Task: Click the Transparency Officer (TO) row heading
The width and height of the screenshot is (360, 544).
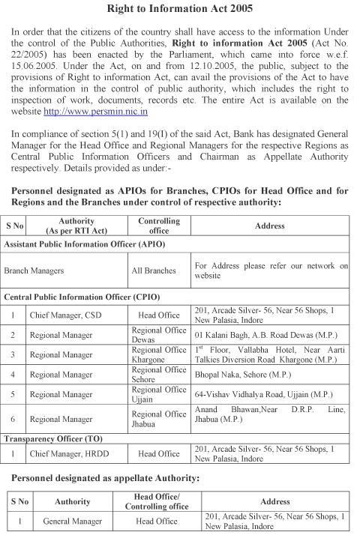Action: click(62, 438)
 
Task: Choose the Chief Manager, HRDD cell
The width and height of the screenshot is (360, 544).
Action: click(68, 454)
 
